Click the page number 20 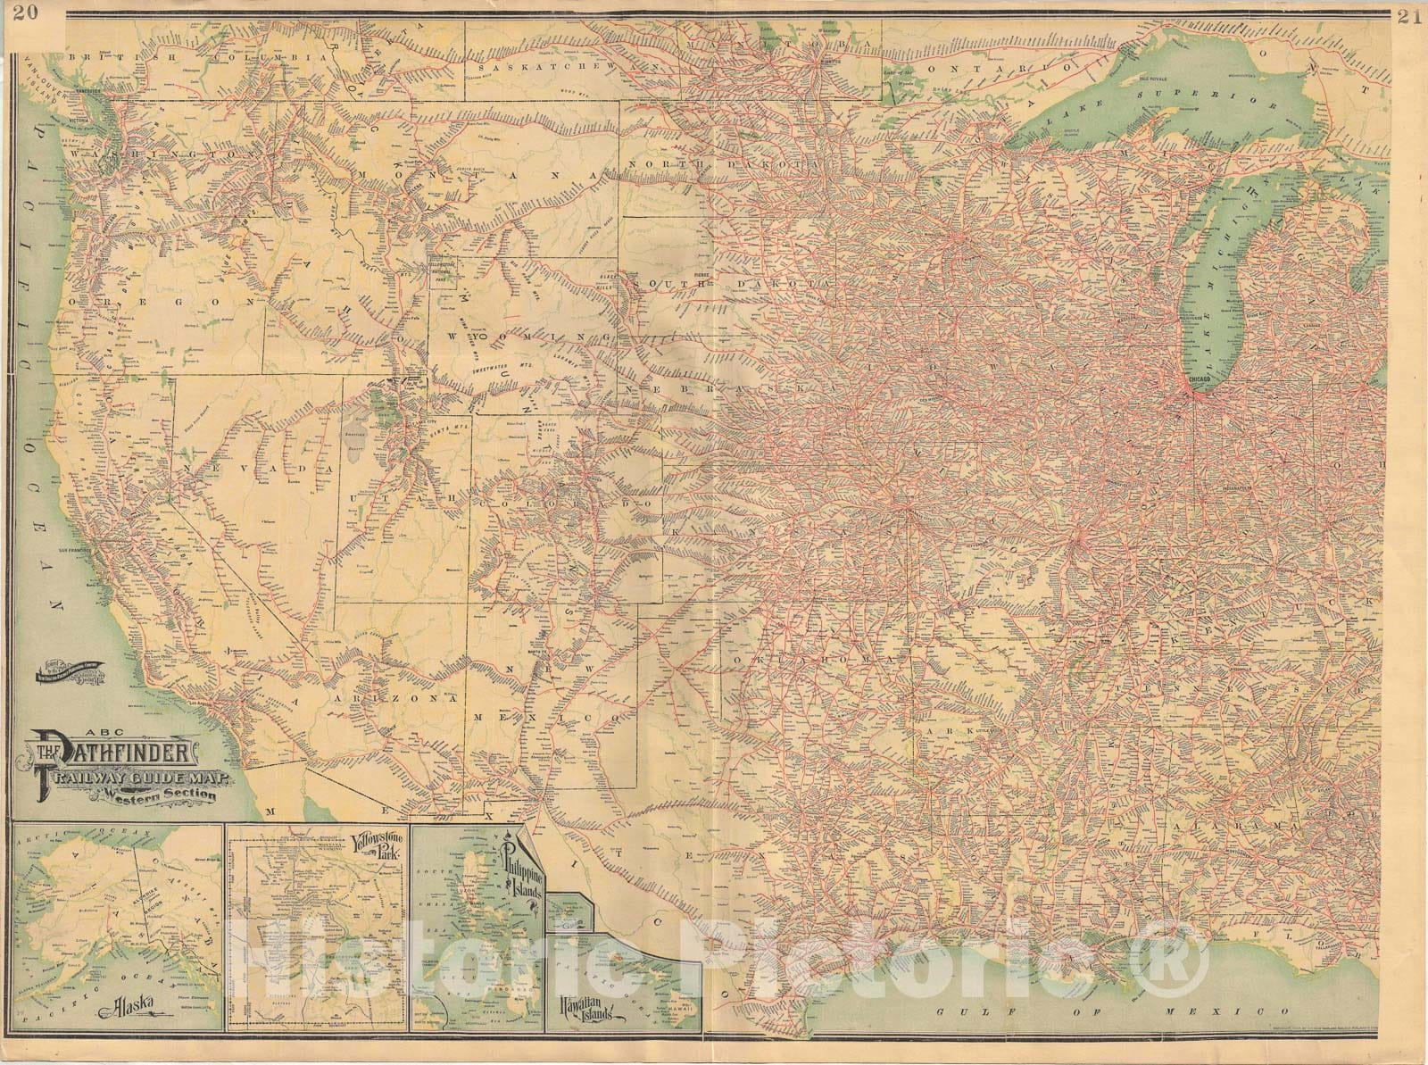tap(29, 12)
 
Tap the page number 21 tap(1407, 19)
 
